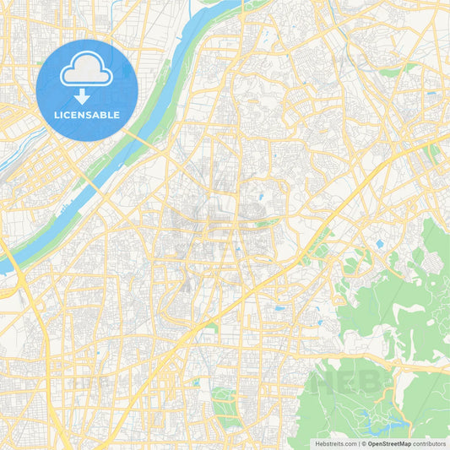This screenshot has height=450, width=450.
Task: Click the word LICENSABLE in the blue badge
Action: [x=87, y=114]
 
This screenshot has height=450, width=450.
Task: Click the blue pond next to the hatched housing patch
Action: [x=379, y=244]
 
